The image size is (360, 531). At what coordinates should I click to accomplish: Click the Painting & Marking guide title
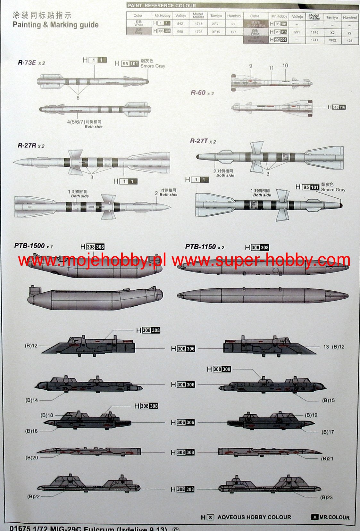tap(55, 25)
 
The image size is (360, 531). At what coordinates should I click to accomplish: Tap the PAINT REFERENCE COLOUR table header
tap(162, 5)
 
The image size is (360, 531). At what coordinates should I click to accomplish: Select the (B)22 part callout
tap(33, 496)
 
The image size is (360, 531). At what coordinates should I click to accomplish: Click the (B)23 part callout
tap(326, 497)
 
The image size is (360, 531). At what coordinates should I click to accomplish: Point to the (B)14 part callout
tap(31, 400)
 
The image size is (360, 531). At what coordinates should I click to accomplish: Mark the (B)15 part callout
tap(328, 400)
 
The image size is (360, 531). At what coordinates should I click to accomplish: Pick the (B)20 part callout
tap(32, 458)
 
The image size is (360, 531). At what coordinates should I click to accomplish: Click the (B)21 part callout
tap(327, 459)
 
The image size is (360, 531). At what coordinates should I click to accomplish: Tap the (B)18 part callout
tap(47, 415)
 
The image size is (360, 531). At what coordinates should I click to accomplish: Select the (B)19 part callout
tap(311, 415)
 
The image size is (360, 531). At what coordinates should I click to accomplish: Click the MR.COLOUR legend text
tap(334, 517)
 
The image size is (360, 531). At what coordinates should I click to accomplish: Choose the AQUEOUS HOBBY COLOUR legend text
tap(254, 517)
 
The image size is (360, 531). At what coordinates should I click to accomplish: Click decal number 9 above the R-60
tap(251, 66)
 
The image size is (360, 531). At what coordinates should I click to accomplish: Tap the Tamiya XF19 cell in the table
tap(216, 32)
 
